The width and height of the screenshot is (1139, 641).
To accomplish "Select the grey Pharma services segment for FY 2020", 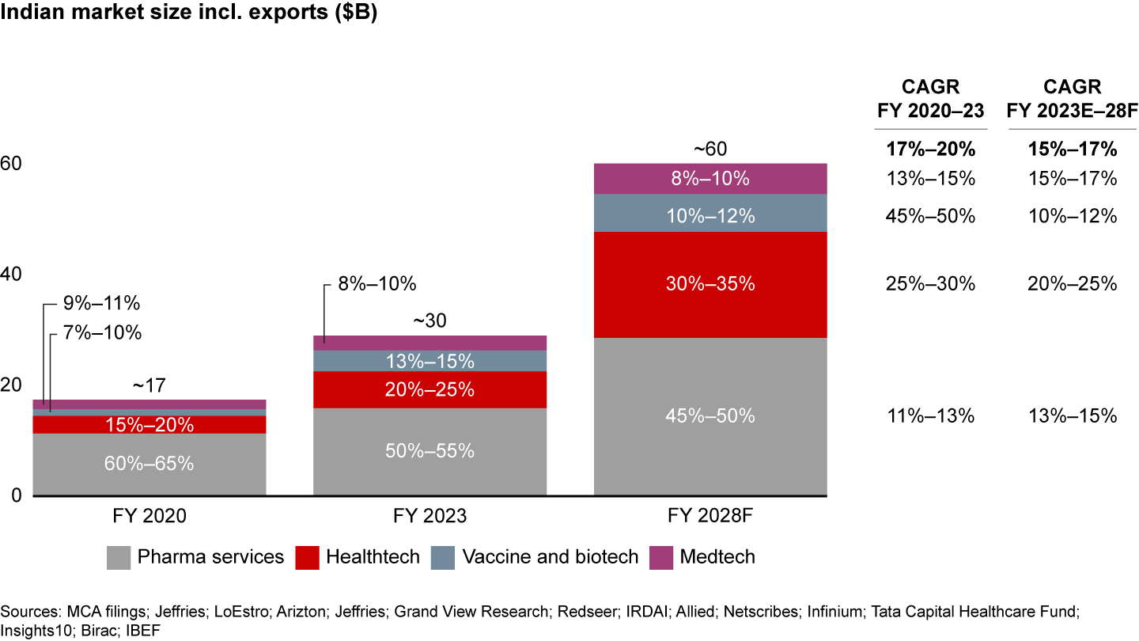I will [149, 464].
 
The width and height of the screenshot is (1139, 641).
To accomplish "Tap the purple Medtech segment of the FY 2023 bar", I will [429, 343].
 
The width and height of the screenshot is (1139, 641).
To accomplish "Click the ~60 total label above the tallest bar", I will [710, 150].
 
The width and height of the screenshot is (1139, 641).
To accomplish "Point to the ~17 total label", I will [149, 385].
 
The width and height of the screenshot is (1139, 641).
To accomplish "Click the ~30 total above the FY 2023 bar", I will [429, 321].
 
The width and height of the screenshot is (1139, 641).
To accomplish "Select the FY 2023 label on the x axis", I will [429, 517].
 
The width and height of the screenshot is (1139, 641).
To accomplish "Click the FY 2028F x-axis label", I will [710, 517].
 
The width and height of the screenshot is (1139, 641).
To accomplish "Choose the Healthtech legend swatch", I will [306, 558].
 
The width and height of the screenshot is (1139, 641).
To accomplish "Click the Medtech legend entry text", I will [717, 557].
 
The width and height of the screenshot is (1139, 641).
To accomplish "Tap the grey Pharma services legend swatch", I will [119, 558].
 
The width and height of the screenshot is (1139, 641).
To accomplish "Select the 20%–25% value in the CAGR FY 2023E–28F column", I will [1072, 284].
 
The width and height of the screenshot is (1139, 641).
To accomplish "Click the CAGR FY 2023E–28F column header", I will [1072, 100].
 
